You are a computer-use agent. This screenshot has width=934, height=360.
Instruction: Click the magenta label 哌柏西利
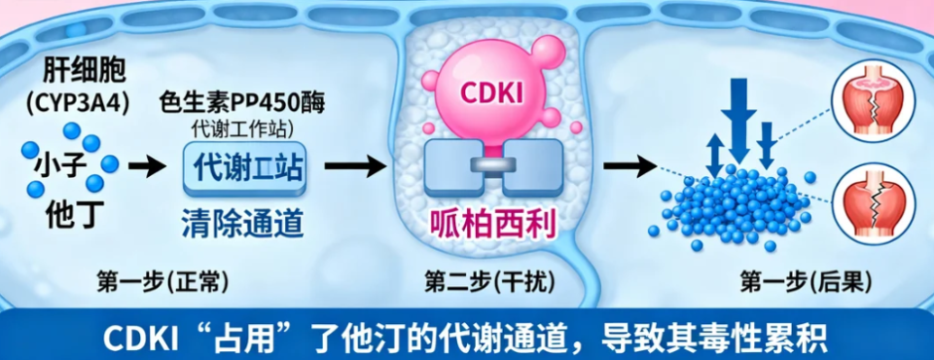pyautogui.click(x=492, y=225)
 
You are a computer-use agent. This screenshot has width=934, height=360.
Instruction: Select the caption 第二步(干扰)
pyautogui.click(x=489, y=282)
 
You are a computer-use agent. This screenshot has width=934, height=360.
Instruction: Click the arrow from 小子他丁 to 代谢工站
pyautogui.click(x=147, y=167)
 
